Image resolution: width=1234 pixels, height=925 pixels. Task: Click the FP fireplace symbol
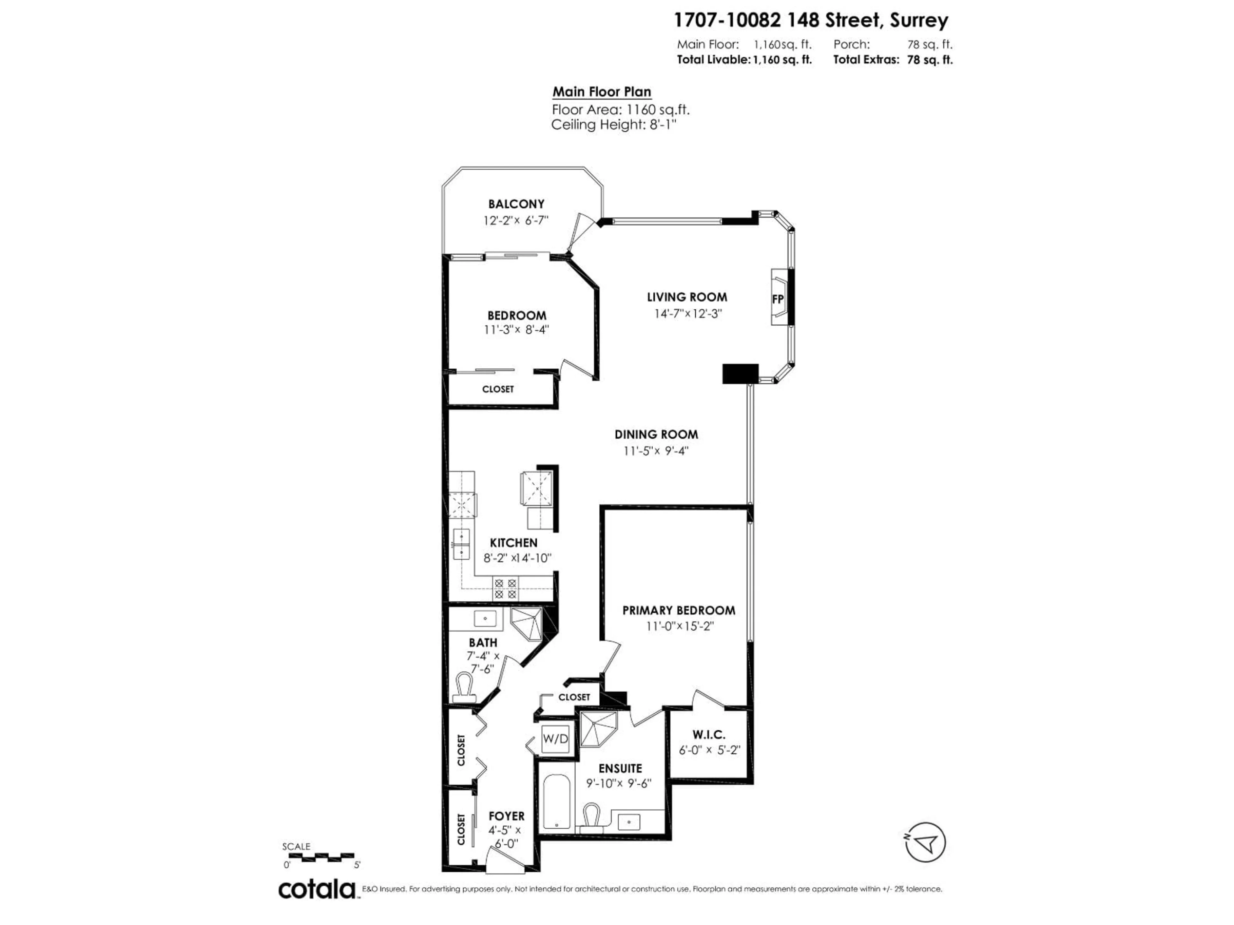pos(778,298)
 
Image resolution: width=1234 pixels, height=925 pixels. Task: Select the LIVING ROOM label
pos(687,297)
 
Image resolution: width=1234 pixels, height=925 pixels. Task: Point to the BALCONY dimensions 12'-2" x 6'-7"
pos(516,220)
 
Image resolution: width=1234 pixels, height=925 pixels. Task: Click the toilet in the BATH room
pos(464,689)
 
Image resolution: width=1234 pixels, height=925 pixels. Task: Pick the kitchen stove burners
pos(505,588)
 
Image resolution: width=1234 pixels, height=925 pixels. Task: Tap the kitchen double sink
pos(461,544)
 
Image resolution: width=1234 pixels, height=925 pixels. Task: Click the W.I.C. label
pos(709,735)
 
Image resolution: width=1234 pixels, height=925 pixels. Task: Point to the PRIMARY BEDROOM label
pos(678,611)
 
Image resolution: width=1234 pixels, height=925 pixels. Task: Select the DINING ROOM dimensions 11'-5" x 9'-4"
pos(656,451)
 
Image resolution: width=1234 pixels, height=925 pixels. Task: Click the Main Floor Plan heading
pos(601,92)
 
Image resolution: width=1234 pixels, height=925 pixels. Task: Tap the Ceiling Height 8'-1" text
pos(614,125)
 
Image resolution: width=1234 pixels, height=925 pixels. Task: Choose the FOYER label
pos(506,816)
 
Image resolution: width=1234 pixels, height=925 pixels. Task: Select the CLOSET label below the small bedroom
pos(497,389)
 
